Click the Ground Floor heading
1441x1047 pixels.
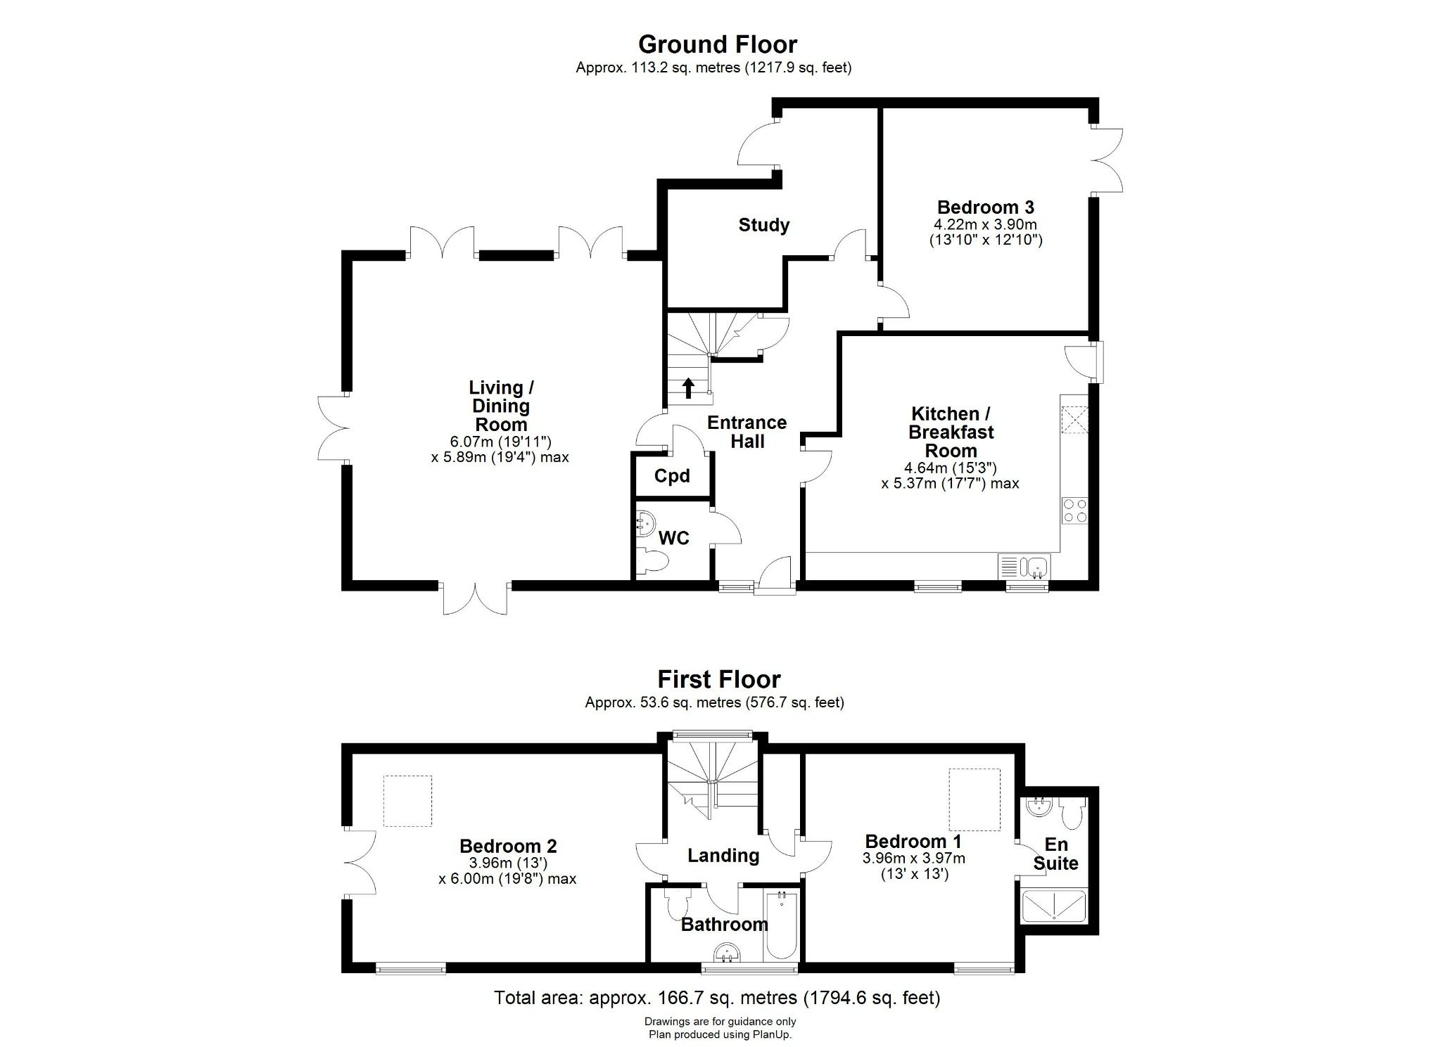click(717, 44)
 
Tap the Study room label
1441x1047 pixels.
click(763, 225)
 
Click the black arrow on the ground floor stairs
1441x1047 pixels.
click(688, 388)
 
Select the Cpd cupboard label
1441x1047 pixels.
click(672, 476)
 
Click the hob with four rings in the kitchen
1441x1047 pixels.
click(1074, 510)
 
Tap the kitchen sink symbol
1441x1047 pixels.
click(1036, 565)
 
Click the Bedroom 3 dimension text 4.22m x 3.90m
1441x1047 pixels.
click(985, 225)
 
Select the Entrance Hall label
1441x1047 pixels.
click(747, 432)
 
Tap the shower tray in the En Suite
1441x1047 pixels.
click(1054, 906)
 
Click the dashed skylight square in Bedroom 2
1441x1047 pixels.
click(407, 801)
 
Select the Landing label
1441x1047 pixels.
click(723, 856)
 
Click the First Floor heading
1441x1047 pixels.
click(718, 679)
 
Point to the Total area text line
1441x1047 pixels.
click(716, 997)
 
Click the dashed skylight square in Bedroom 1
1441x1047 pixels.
click(975, 800)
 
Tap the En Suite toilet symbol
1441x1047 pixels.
click(1072, 815)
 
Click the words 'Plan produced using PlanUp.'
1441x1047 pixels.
click(720, 1034)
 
